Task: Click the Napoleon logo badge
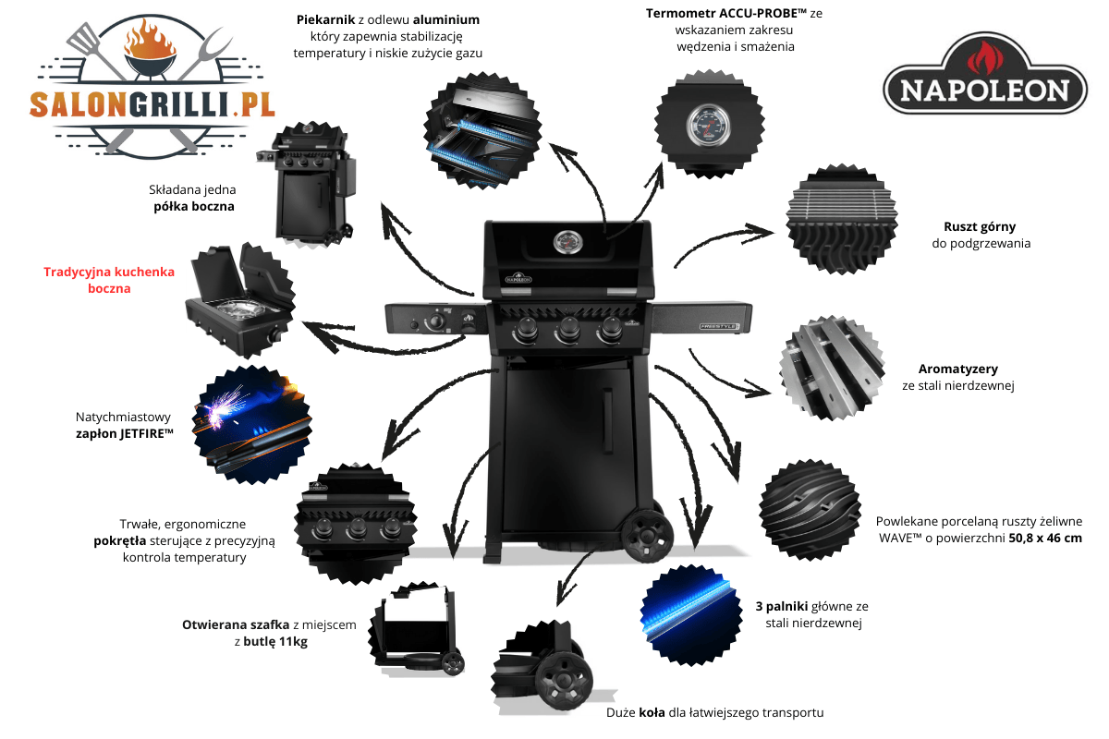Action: pos(985,74)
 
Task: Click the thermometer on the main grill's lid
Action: pos(567,242)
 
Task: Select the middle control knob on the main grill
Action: pos(567,330)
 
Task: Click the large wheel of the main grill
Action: pos(647,536)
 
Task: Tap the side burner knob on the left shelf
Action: pos(436,321)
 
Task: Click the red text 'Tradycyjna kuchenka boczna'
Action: pos(109,280)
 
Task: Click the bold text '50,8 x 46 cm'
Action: pos(1045,538)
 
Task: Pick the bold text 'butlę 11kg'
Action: pos(275,641)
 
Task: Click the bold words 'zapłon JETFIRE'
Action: pos(124,433)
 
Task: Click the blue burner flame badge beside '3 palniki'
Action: pos(691,615)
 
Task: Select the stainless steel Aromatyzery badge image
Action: pos(833,368)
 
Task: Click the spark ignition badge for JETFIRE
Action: pos(252,425)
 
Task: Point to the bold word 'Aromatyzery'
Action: pos(958,369)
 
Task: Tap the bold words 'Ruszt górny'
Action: pos(980,226)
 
